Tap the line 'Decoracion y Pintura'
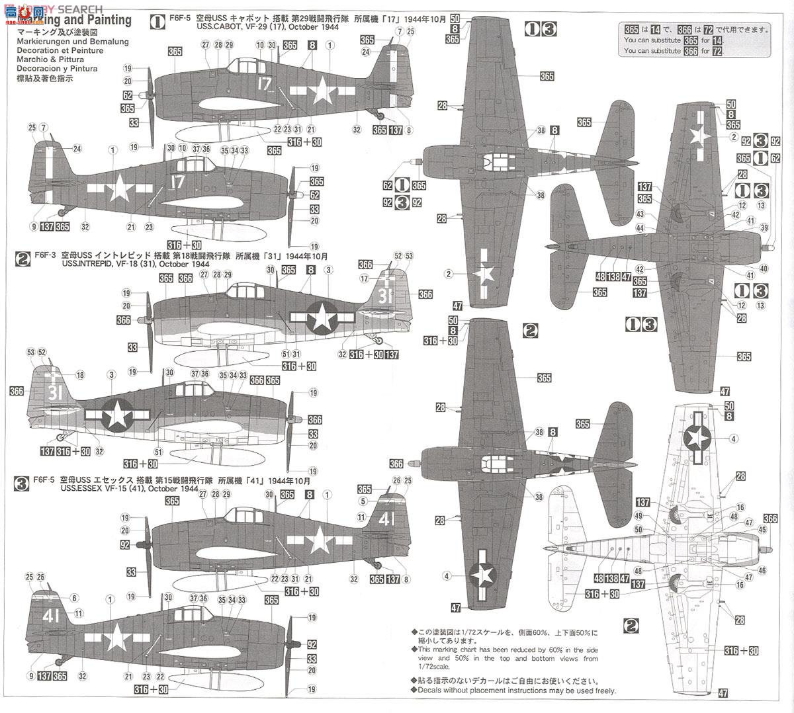[x=58, y=69]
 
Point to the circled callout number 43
[x=640, y=214]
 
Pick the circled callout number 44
[x=640, y=228]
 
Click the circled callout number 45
[x=763, y=529]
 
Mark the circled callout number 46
[x=762, y=570]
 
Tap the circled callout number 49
[x=639, y=516]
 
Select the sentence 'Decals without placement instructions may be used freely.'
[x=517, y=691]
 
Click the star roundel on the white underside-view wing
[x=697, y=436]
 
